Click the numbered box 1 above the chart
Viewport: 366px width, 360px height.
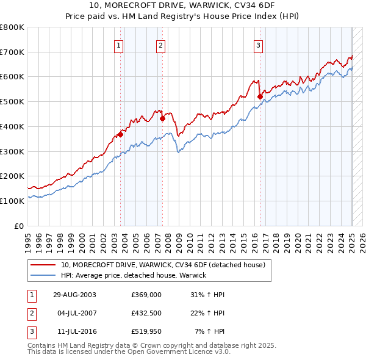click(x=118, y=45)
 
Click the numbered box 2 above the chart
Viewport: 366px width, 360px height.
click(x=160, y=45)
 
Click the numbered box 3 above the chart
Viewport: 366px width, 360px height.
click(x=258, y=45)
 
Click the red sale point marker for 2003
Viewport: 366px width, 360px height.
click(x=120, y=134)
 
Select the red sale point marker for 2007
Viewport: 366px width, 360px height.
click(x=163, y=119)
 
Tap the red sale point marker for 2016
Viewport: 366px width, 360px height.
click(x=260, y=96)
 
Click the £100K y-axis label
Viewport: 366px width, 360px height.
click(x=12, y=201)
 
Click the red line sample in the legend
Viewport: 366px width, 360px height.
click(x=43, y=265)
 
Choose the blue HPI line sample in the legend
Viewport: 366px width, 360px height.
click(x=43, y=275)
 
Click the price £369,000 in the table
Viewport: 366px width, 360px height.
click(x=146, y=295)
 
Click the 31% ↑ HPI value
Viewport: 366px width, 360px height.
click(x=208, y=295)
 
